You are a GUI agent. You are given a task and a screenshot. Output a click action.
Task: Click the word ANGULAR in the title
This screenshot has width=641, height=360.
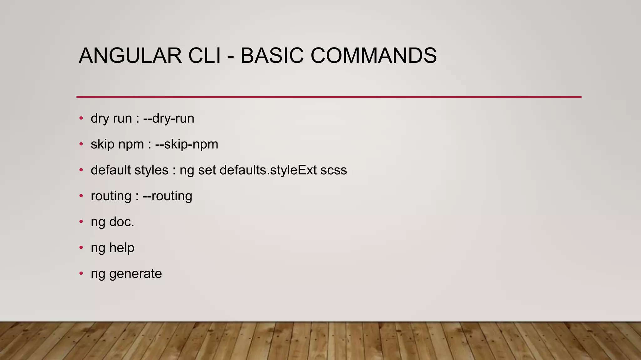point(130,56)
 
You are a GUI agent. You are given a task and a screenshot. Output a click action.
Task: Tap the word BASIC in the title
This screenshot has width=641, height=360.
point(272,56)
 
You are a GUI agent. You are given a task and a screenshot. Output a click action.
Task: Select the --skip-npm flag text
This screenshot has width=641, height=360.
point(187,144)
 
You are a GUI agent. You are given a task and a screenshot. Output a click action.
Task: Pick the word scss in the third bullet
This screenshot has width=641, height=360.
point(334,170)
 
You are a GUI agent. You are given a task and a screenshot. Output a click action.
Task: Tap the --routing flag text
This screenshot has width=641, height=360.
point(167,196)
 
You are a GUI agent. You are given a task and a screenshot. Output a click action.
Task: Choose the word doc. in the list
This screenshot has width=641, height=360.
point(122,222)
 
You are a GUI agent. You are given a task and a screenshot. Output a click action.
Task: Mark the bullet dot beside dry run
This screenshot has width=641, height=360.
point(81,118)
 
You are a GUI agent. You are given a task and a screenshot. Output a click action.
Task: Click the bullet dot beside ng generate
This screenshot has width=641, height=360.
point(81,273)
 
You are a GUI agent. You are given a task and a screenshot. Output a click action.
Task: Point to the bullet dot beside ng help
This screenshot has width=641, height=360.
point(81,247)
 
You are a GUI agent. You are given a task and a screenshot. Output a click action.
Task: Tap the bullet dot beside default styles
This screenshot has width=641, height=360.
point(81,170)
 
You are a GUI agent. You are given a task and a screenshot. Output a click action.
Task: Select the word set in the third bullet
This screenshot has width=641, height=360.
point(207,170)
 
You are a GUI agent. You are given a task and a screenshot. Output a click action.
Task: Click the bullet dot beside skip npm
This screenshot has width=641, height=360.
point(81,144)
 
